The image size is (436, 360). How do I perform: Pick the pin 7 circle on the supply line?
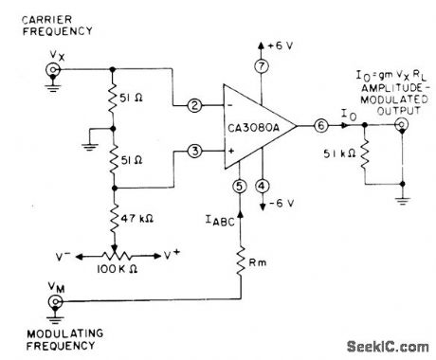point(262,65)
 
